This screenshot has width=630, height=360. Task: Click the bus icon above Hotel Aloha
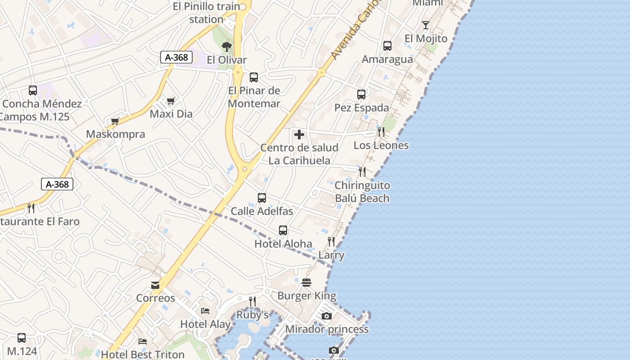coord(283,230)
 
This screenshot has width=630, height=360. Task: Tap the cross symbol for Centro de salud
coord(299,135)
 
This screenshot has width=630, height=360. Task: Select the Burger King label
coord(306,296)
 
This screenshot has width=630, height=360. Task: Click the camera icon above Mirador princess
coord(327,316)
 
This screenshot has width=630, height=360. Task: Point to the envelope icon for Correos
coord(155,285)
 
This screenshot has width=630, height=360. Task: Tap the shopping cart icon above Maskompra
coord(115,121)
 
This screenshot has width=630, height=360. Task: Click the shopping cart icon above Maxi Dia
coord(171,101)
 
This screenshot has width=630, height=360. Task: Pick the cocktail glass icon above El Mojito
coord(426,25)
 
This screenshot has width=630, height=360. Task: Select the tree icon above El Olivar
coord(227,46)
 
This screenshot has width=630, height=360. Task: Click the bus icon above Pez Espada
coord(361,94)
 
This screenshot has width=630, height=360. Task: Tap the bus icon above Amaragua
coord(387,46)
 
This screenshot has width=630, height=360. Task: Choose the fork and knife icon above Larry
coord(331,242)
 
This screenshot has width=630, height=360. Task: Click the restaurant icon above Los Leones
coord(381,132)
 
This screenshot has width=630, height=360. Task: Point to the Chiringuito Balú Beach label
coord(362,192)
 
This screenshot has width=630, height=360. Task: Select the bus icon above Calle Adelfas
coord(261,198)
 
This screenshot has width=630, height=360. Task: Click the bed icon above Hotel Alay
coord(205,311)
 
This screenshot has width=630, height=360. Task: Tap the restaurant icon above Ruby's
coord(252,301)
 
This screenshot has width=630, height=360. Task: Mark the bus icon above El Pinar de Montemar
coord(254,77)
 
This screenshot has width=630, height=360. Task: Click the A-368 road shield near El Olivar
coord(176,57)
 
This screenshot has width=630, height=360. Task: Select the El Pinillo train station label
coord(207,13)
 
